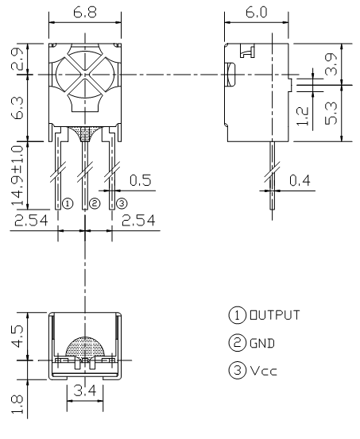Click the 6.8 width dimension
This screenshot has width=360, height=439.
click(85, 13)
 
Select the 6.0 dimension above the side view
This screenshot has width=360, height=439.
click(256, 13)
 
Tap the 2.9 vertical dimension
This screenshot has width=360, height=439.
click(17, 59)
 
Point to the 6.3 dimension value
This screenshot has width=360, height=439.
click(17, 108)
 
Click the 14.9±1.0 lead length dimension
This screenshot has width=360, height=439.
click(17, 175)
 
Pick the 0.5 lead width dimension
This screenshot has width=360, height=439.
click(140, 180)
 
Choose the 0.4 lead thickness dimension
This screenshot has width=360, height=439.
click(300, 180)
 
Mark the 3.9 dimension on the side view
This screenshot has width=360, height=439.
click(331, 64)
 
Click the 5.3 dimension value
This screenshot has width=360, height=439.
click(331, 113)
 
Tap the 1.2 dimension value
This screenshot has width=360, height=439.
click(303, 116)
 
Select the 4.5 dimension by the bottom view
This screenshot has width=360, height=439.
click(17, 336)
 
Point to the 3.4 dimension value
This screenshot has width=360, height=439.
click(85, 391)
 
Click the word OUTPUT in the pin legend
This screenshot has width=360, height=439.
click(275, 315)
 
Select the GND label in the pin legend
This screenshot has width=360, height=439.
click(262, 343)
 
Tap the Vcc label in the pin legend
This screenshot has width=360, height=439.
click(263, 372)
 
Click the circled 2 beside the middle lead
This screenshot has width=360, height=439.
click(95, 203)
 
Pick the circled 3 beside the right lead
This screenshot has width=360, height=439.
click(122, 203)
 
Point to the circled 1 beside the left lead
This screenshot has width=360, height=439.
click(68, 203)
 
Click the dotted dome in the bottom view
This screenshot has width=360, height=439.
click(85, 347)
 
